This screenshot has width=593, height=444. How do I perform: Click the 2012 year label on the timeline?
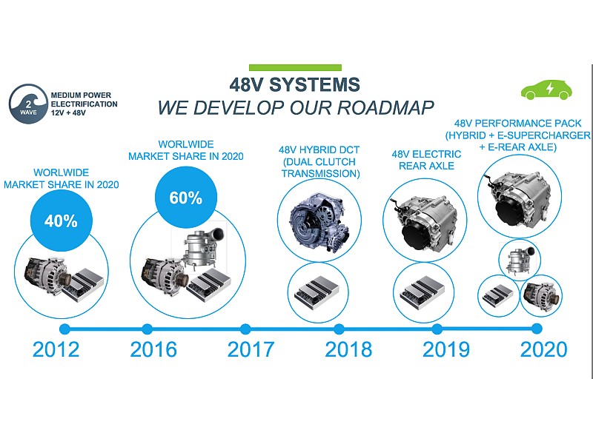pos(56,349)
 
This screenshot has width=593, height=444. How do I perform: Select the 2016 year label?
pos(153,349)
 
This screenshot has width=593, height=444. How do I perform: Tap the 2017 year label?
pos(251,349)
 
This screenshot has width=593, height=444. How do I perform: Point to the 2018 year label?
pos(348,349)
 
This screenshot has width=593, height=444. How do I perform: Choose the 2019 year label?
pos(446,349)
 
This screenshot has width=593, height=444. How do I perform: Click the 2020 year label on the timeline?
pos(544,349)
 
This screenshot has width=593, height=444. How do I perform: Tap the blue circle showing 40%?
pos(62,221)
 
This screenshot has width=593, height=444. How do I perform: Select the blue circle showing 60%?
pos(186,198)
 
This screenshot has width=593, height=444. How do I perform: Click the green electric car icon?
pos(546,89)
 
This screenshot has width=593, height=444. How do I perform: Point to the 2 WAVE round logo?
pos(28,104)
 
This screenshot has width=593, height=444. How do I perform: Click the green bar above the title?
pos(295,67)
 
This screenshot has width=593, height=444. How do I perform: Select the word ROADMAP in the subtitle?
pos(385,107)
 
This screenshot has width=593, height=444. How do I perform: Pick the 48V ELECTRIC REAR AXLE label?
pos(427,160)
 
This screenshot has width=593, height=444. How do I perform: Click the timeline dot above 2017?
pos(245,329)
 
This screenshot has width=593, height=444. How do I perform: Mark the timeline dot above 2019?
pos(437,329)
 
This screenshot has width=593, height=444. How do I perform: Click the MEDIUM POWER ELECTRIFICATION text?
pos(84,100)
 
